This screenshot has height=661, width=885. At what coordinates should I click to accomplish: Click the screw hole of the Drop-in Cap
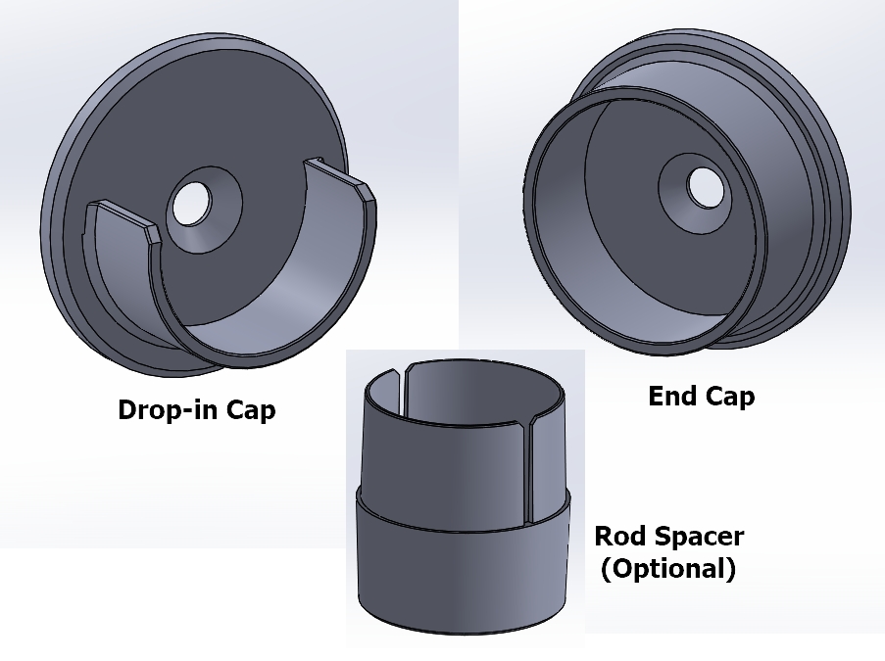click(191, 203)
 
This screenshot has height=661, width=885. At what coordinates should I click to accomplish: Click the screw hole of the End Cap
click(706, 188)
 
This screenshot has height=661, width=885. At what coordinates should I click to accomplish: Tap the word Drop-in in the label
click(168, 409)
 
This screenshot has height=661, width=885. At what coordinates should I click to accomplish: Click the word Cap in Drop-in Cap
click(251, 410)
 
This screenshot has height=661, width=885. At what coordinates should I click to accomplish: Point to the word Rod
click(617, 536)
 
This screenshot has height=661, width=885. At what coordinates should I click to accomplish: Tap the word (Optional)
click(668, 568)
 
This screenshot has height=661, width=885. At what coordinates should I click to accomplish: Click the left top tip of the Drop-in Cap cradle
click(102, 201)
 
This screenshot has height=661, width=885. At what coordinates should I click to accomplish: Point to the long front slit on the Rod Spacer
click(528, 471)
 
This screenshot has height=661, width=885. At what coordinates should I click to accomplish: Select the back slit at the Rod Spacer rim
click(403, 389)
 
